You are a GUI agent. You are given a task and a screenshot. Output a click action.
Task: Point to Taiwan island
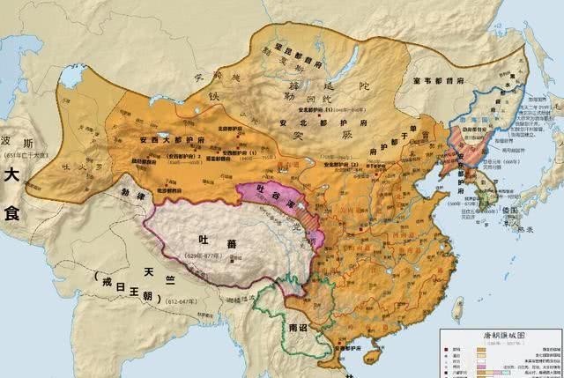(x=456, y=308)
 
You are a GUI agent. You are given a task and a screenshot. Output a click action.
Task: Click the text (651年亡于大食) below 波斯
(x=26, y=155)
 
